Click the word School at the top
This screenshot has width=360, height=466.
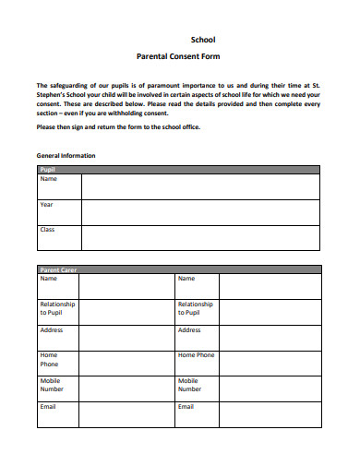point(202,40)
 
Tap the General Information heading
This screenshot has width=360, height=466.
point(66,155)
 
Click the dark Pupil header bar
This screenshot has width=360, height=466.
point(179,171)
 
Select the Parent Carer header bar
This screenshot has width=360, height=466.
point(179,269)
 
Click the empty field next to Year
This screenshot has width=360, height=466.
point(201,212)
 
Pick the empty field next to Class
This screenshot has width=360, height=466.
point(201,237)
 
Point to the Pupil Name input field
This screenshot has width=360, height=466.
point(201,187)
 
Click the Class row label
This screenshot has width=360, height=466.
point(47,229)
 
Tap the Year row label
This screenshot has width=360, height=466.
point(46,204)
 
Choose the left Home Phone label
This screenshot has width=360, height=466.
point(49,359)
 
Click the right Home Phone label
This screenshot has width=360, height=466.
point(197,355)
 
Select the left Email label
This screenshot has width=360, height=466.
point(48,406)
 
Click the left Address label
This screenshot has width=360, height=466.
point(51,330)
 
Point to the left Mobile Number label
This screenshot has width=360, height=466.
point(53,385)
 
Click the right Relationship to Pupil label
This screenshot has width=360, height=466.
point(195,308)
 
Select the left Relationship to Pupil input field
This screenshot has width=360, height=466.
point(128,312)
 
